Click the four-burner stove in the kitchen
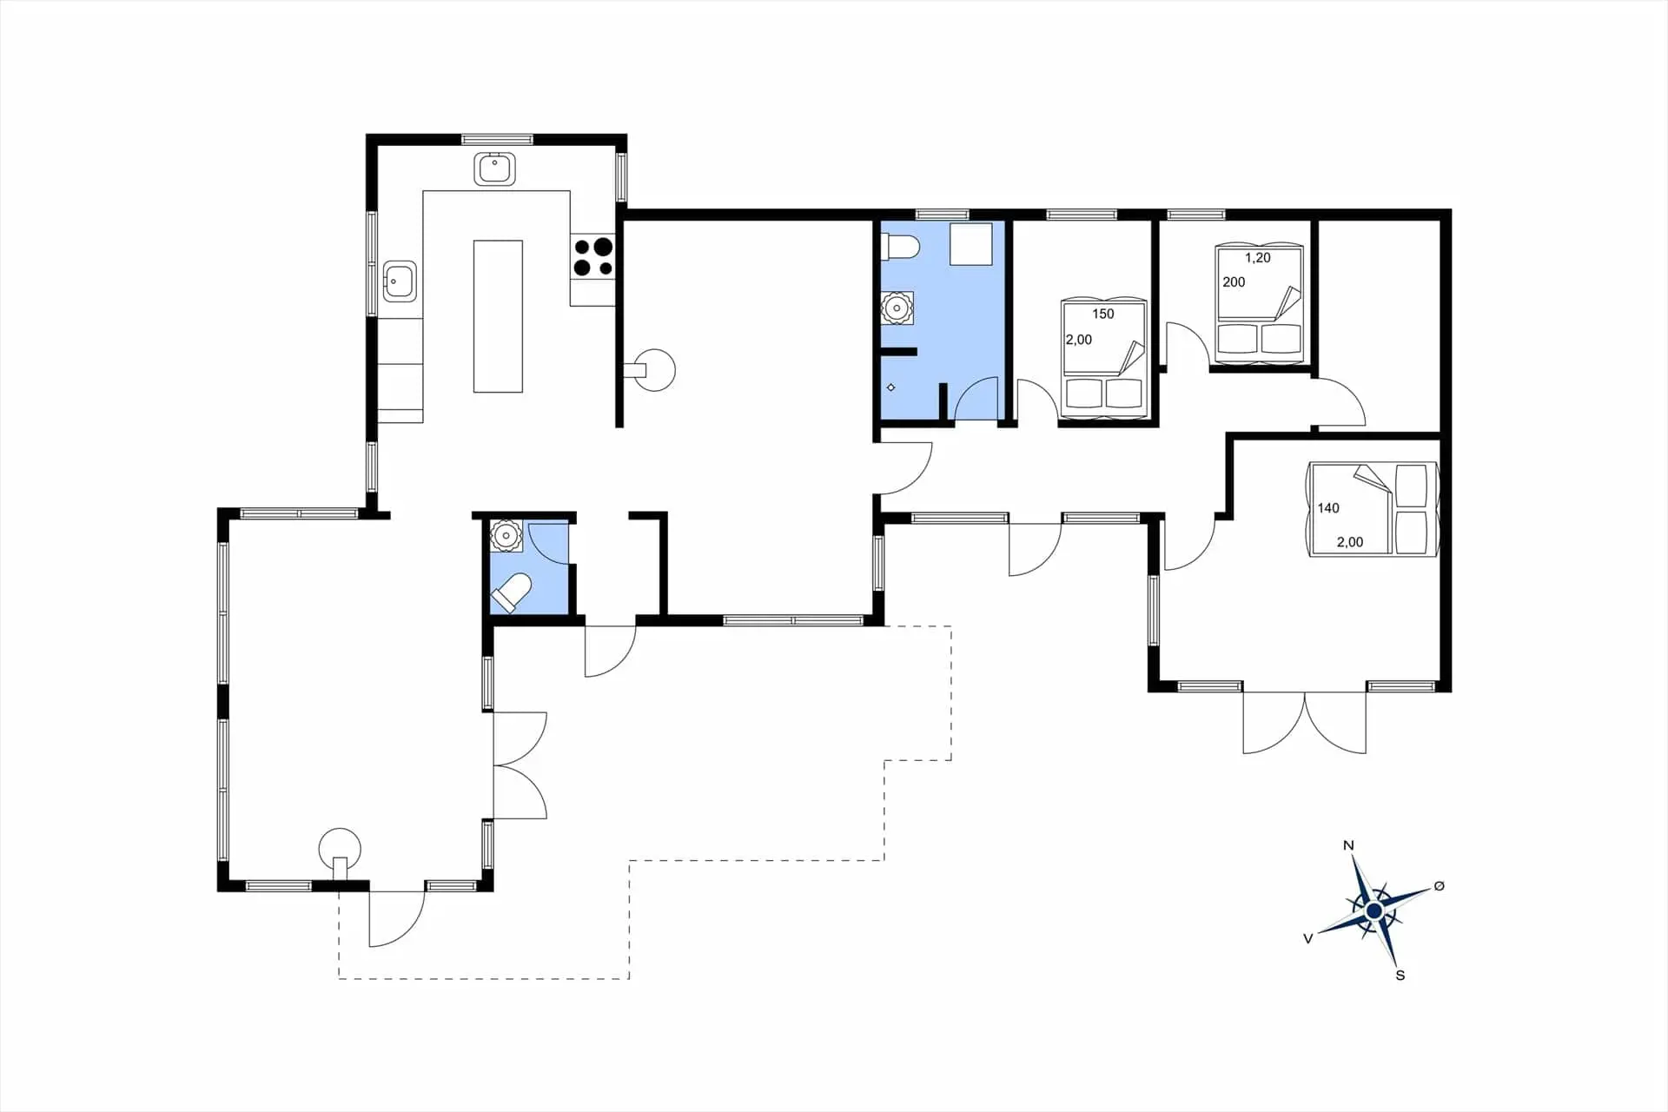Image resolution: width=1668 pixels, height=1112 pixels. pos(592,257)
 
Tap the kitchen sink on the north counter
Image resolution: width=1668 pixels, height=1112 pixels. pos(495,169)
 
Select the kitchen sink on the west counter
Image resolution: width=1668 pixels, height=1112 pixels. pos(400,281)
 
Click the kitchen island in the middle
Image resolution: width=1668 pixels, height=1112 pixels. pos(498,316)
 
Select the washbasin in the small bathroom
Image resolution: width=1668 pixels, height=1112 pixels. pos(506,536)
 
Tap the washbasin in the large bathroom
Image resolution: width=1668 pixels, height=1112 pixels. pos(897,308)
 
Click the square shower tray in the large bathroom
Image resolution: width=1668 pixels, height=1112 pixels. pos(971,244)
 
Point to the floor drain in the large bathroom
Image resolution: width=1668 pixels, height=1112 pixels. pos(890,387)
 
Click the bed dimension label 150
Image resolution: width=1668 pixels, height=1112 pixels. pos(1103,314)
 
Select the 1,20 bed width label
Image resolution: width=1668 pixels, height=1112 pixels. pos(1258,258)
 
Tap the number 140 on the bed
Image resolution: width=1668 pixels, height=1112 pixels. pos(1328,508)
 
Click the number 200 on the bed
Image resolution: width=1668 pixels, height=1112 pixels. pos(1234,282)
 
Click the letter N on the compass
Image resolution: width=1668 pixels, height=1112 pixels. pos(1348,845)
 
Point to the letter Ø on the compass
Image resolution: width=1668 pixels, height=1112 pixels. pos(1440,886)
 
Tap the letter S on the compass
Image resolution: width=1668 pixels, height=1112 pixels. pos(1400,976)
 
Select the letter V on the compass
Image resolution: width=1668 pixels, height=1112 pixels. pos(1307,938)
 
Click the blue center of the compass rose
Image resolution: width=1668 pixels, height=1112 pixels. pos(1373,910)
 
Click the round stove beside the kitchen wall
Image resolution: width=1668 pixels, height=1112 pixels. pos(654,370)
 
